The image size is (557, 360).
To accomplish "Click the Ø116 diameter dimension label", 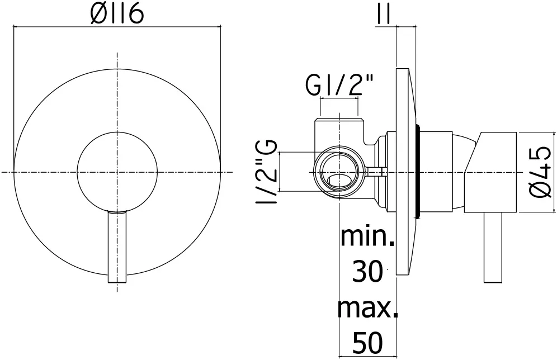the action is pyautogui.click(x=117, y=14).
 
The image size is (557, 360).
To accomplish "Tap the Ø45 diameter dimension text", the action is pyautogui.click(x=541, y=173).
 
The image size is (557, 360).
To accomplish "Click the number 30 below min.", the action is pyautogui.click(x=367, y=271).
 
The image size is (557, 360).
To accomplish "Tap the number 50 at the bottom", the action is pyautogui.click(x=368, y=343).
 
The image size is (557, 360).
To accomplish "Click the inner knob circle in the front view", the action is pyautogui.click(x=117, y=132).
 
